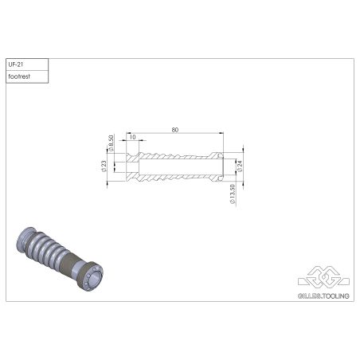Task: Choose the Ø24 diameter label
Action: pyautogui.click(x=239, y=165)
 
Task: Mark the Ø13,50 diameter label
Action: pyautogui.click(x=231, y=193)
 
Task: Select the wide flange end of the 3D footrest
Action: pyautogui.click(x=89, y=276)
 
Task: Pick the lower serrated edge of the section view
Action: pyautogui.click(x=171, y=177)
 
